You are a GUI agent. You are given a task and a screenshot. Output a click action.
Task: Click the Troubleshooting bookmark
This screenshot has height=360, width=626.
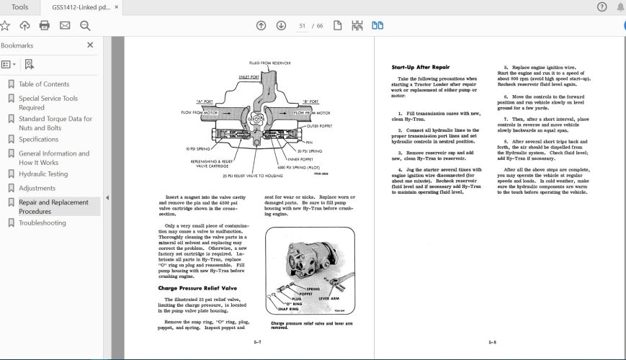click(43, 223)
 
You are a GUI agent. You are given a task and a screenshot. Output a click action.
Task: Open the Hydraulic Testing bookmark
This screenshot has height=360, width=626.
click(43, 174)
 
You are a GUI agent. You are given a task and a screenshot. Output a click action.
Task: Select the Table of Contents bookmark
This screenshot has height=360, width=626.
click(44, 84)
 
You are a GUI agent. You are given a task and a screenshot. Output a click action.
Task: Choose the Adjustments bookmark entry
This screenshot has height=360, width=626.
click(37, 188)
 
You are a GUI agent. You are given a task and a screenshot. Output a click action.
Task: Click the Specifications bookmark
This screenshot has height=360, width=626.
click(39, 139)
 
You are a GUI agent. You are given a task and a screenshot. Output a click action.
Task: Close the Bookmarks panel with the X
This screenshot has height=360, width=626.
click(90, 45)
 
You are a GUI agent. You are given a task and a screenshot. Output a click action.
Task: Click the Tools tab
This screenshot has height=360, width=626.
click(20, 7)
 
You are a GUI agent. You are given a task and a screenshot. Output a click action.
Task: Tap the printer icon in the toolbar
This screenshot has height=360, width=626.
click(45, 26)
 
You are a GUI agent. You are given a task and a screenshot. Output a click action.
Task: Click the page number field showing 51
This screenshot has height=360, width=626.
click(303, 26)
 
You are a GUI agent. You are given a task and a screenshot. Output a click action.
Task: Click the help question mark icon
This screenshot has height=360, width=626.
click(602, 7)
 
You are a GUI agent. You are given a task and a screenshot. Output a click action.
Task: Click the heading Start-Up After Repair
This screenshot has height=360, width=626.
click(421, 67)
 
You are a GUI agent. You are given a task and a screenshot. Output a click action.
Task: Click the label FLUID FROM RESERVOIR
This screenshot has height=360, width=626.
click(270, 63)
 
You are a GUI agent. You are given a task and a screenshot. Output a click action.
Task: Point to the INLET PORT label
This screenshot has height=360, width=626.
click(249, 76)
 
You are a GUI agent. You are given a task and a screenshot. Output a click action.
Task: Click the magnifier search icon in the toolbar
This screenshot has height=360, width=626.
click(85, 26)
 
